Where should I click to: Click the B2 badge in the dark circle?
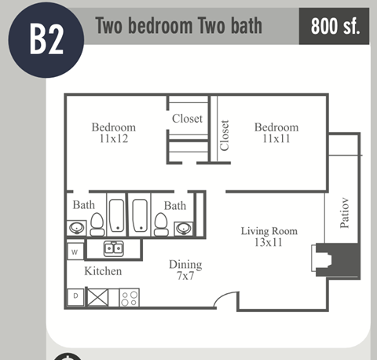coord(46,39)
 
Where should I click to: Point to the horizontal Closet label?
coord(188,119)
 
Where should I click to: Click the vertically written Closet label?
coord(225,135)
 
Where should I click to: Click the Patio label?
coord(344,212)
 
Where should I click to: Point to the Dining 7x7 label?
coord(185,271)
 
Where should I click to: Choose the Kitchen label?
coord(103,271)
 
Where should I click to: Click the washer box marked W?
coord(75,252)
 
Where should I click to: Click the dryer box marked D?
coord(75,296)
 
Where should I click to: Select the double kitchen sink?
coord(115,249)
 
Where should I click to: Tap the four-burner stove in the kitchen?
coord(130,298)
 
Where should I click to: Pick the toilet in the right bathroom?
coord(162,225)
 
